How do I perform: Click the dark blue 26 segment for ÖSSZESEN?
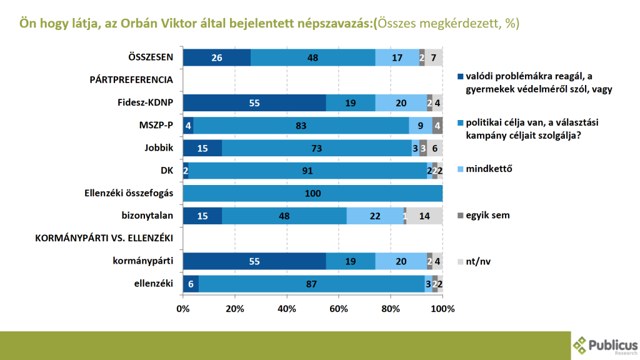[216, 57]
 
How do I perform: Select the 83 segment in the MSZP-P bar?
[301, 125]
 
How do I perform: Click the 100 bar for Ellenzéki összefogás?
[312, 193]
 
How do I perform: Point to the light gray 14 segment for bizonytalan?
[424, 216]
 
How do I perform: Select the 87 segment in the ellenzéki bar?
[311, 284]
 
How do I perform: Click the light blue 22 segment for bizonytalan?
[375, 216]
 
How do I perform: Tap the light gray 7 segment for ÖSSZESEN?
[434, 57]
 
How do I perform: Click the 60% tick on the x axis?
[339, 309]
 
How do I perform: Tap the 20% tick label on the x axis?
[235, 309]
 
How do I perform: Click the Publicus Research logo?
[605, 344]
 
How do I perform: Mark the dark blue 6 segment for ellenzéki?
[191, 284]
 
